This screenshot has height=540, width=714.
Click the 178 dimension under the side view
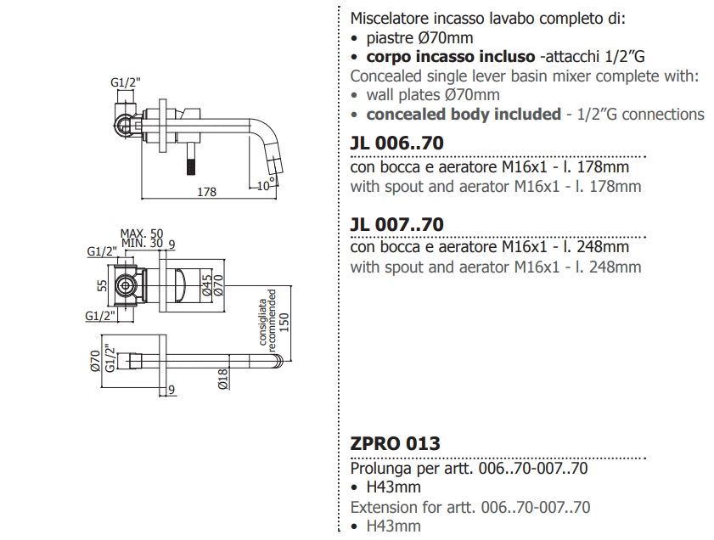pos(206,192)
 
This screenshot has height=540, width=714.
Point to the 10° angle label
pos(266,185)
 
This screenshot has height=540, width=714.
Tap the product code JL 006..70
pos(396,143)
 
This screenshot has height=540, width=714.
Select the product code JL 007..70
pos(396,224)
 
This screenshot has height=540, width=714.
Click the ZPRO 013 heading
pos(396,443)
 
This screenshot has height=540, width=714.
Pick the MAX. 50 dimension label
pos(142,233)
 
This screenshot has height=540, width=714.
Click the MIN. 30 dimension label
pos(142,243)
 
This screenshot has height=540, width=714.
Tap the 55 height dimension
pos(103,285)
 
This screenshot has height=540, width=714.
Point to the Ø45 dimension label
pos(207,285)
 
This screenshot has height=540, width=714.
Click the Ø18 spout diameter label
pos(222,379)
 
